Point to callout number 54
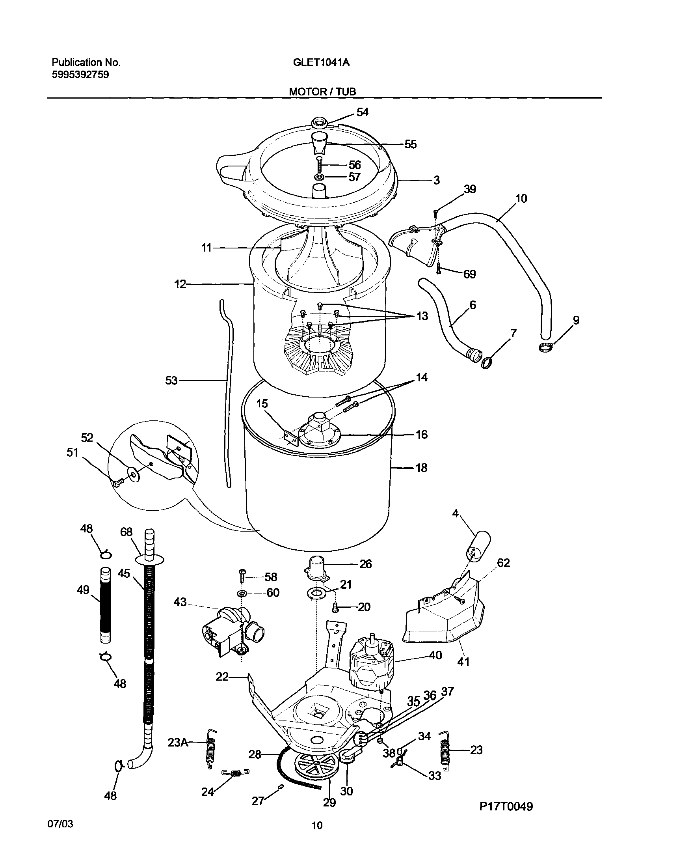point(362,112)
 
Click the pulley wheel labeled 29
point(316,768)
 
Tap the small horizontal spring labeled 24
point(235,773)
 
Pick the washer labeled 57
point(319,177)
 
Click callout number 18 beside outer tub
point(421,468)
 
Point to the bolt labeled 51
point(117,483)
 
